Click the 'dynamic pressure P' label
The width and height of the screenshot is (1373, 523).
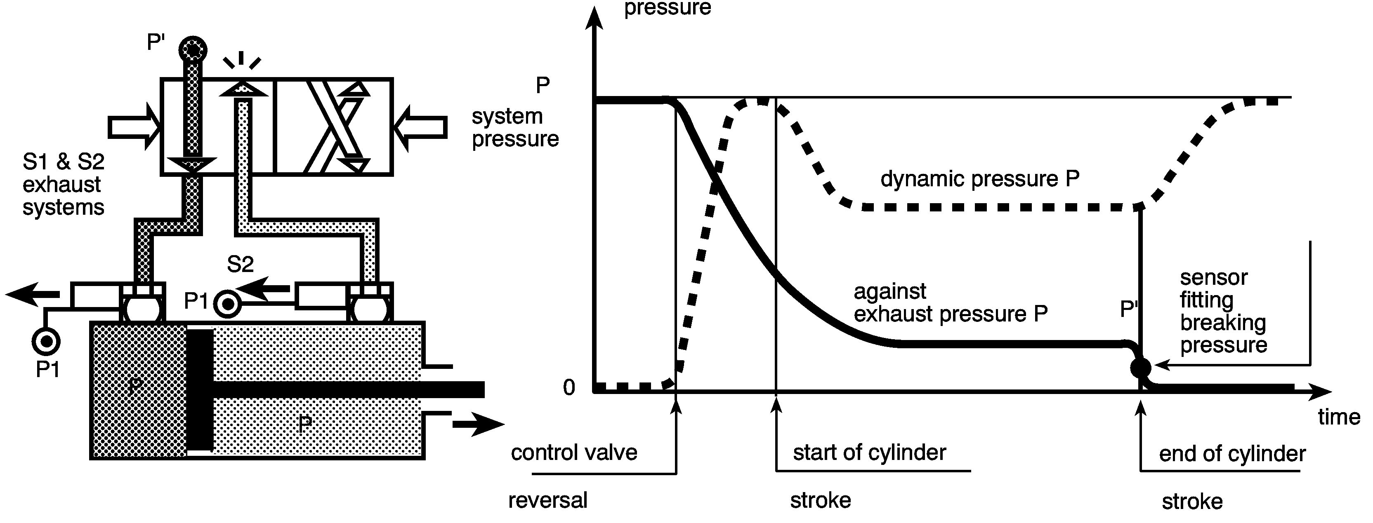pyautogui.click(x=980, y=179)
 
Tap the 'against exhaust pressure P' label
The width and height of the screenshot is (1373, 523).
pyautogui.click(x=951, y=303)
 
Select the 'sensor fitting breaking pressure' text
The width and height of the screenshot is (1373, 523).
pyautogui.click(x=1223, y=312)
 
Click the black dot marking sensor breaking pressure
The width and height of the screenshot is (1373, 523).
pyautogui.click(x=1141, y=367)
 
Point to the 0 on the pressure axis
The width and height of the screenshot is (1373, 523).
pyautogui.click(x=569, y=388)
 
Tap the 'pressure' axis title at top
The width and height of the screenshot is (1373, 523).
pyautogui.click(x=667, y=8)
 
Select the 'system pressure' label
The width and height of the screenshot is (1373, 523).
pyautogui.click(x=515, y=127)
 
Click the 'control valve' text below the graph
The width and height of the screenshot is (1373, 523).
pyautogui.click(x=574, y=453)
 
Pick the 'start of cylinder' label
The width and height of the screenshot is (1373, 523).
pyautogui.click(x=869, y=453)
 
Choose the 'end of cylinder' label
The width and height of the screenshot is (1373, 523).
pyautogui.click(x=1232, y=454)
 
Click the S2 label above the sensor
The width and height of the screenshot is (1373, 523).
pyautogui.click(x=241, y=264)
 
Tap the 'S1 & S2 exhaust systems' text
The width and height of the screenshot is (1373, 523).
pyautogui.click(x=64, y=184)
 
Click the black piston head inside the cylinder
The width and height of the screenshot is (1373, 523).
pyautogui.click(x=200, y=390)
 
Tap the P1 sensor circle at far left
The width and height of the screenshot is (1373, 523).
pyautogui.click(x=46, y=341)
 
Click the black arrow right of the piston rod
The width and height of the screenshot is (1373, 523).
pyautogui.click(x=478, y=424)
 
